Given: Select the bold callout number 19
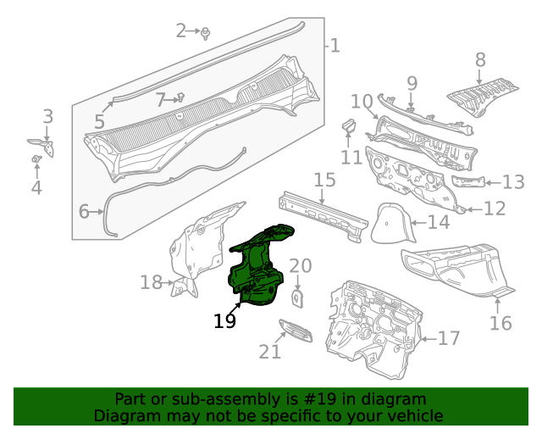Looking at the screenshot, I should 224,321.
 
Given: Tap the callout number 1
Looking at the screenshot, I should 335,45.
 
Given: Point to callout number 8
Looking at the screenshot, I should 480,59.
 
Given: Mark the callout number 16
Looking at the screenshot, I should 501,323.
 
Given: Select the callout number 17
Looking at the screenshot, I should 448,339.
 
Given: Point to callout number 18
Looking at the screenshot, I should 151,282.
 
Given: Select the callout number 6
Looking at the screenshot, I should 84,211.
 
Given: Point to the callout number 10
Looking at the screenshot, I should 362,102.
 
